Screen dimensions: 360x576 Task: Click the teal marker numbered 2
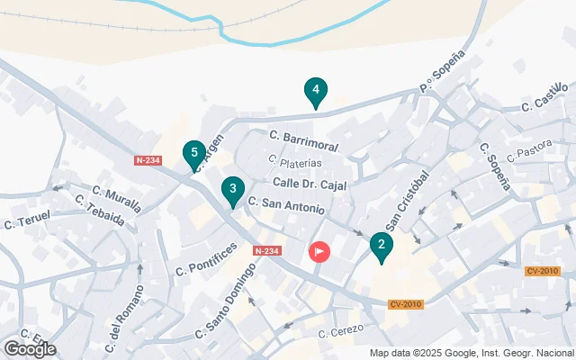[x=382, y=245]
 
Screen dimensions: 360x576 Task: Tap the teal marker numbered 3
[x=233, y=189]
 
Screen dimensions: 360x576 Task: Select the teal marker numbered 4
[x=315, y=90]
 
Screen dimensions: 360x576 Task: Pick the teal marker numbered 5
[x=193, y=153]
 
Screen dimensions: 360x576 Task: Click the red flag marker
[x=319, y=251]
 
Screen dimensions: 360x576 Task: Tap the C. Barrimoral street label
[x=303, y=141]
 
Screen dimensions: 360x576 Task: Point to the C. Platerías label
[x=295, y=163]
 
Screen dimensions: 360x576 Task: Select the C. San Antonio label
[x=286, y=206]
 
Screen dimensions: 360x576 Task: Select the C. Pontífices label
[x=206, y=258]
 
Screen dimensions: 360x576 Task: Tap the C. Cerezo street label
[x=340, y=331]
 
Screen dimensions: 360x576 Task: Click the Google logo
[x=30, y=349]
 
